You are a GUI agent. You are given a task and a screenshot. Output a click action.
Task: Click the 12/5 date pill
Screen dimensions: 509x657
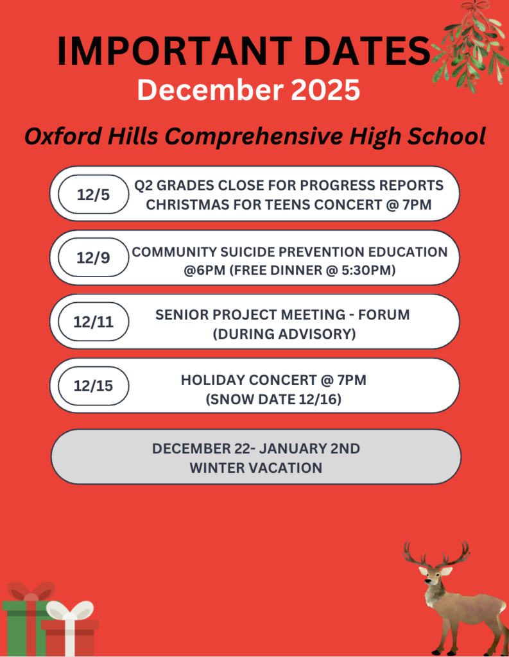(x=94, y=194)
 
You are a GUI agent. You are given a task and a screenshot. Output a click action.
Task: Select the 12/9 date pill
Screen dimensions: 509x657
(x=94, y=257)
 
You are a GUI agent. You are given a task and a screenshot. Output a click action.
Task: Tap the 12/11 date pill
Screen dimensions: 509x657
(x=94, y=321)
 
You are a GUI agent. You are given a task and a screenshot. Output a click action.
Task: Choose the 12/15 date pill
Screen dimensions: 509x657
(x=94, y=386)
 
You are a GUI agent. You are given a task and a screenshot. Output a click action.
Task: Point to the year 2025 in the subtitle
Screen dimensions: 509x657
(x=325, y=90)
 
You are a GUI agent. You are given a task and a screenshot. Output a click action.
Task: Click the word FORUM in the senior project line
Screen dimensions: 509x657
(x=384, y=314)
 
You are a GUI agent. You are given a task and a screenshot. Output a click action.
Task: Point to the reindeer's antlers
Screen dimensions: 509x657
(x=436, y=554)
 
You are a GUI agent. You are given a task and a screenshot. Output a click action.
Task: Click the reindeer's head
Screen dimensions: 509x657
(x=433, y=577)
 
